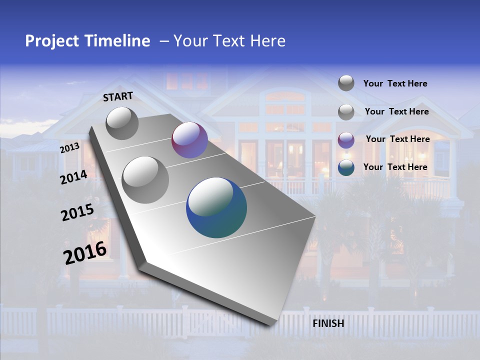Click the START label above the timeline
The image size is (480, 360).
coord(118,96)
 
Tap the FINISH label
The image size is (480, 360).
coord(328,323)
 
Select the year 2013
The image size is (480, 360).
coord(69,147)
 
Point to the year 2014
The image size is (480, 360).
coord(73,177)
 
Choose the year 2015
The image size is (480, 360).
coord(77,212)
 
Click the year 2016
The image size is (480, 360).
coord(85,252)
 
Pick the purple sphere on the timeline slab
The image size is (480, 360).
coord(189,140)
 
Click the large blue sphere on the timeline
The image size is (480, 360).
coord(216,207)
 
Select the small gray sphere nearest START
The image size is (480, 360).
coord(122,123)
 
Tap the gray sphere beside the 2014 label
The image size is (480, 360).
coord(145,179)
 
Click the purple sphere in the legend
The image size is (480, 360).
coord(346,139)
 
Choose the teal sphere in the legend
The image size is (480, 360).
coord(346,167)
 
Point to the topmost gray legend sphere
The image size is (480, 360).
coord(346,83)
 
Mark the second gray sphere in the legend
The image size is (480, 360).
coord(346,111)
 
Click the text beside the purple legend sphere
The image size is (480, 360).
coord(397,139)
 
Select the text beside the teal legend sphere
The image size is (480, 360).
coord(395,167)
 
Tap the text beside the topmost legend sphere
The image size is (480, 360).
coord(395,83)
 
